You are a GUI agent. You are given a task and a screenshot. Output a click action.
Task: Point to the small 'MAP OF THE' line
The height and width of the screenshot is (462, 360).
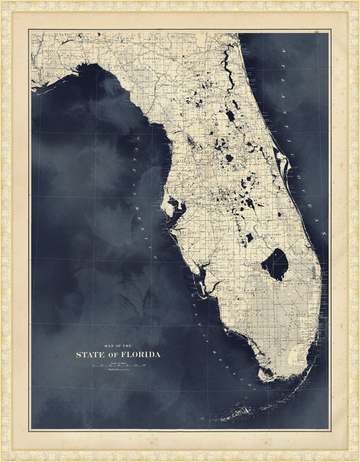(117, 344)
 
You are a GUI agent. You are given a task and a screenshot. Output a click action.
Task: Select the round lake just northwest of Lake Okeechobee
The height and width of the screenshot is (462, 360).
(249, 237)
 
